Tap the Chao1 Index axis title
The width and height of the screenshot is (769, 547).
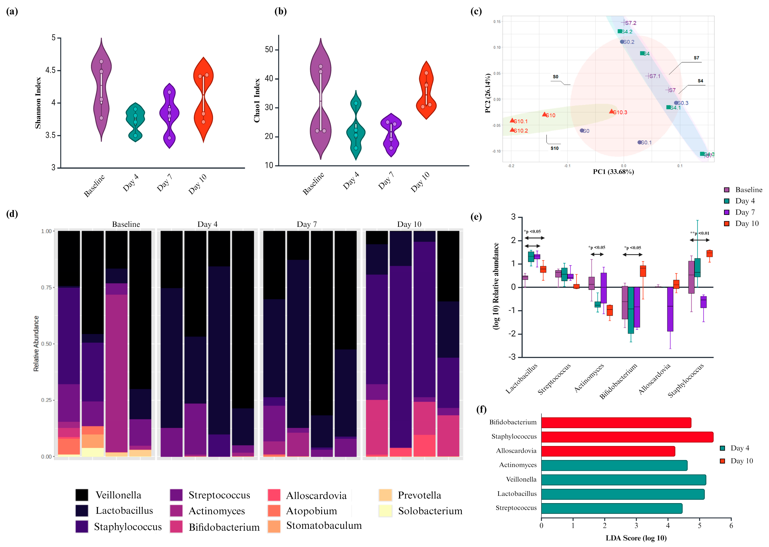click(257, 100)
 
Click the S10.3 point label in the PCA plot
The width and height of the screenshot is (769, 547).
click(620, 112)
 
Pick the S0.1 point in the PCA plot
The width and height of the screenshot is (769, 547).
click(639, 143)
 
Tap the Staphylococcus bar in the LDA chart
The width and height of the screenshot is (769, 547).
click(627, 437)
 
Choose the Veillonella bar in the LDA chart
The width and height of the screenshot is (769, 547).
click(623, 480)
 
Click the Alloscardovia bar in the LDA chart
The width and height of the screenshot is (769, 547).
click(608, 451)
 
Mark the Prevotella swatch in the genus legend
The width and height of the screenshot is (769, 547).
click(385, 495)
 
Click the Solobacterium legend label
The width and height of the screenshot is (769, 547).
click(430, 511)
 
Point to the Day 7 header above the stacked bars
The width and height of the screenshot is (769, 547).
click(306, 224)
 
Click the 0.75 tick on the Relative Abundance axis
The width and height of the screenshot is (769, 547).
click(46, 287)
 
